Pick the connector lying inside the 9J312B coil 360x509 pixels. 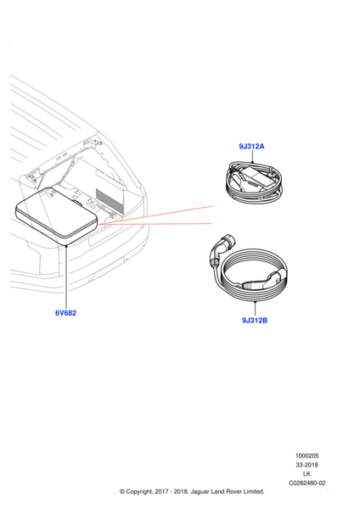(x=259, y=281)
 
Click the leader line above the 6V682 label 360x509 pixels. (x=65, y=276)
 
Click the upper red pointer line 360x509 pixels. (x=157, y=216)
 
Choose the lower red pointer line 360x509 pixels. (x=157, y=224)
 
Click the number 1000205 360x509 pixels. (x=307, y=456)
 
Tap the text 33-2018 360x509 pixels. (x=307, y=465)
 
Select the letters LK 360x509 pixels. (x=307, y=474)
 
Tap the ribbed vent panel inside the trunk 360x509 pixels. (x=110, y=199)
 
